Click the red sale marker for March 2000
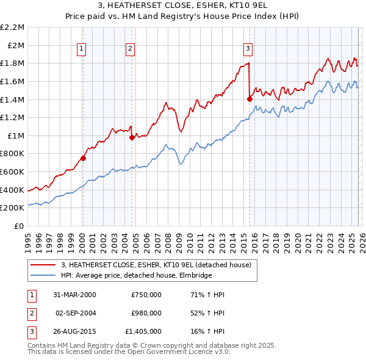83,158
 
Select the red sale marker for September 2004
132,138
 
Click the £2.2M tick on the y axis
13,27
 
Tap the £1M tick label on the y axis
16,135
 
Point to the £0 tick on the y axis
20,226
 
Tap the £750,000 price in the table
146,295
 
